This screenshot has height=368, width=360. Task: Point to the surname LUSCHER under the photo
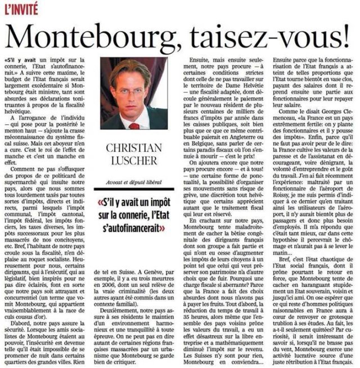[x=137, y=163]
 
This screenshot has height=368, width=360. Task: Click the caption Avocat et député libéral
[x=137, y=179]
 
